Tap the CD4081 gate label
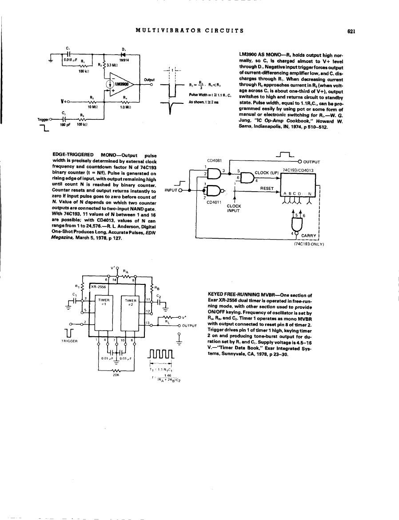point(215,161)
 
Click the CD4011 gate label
point(215,202)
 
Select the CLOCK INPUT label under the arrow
point(234,208)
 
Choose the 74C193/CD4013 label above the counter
point(299,169)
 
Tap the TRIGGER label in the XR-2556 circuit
point(68,341)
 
